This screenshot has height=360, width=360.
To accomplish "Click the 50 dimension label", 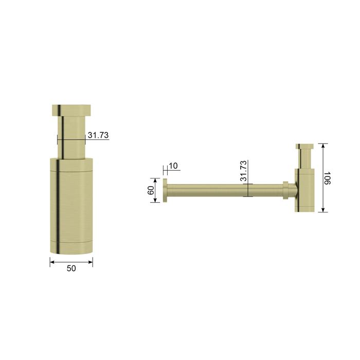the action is click(x=71, y=268).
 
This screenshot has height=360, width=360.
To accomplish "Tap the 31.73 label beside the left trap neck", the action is click(x=98, y=135).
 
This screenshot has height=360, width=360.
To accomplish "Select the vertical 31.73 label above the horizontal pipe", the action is click(x=243, y=171).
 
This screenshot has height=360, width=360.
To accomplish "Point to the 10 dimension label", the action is click(x=173, y=166).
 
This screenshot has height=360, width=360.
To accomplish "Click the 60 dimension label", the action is click(x=151, y=190).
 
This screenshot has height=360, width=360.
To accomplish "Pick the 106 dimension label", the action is click(x=327, y=178).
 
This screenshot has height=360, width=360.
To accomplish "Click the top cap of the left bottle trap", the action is click(x=71, y=110).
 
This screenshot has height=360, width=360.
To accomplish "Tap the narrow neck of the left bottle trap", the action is click(x=71, y=137).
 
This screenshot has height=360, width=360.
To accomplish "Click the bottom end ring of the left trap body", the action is click(x=71, y=248).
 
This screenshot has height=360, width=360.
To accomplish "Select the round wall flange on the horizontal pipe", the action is click(x=165, y=190).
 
